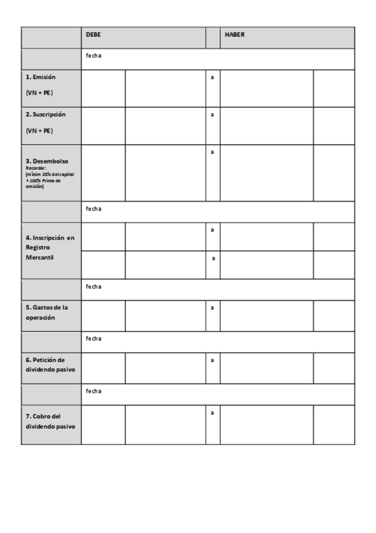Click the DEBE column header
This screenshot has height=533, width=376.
94,35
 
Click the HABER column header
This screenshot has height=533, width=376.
235,35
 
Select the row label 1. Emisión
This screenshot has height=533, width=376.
41,77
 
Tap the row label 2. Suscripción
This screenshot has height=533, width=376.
45,115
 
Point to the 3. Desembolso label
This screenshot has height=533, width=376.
47,161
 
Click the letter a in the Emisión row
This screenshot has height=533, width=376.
212,77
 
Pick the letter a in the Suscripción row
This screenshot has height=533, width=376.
212,115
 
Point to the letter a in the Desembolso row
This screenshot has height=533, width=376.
212,152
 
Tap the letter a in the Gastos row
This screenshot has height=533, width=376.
212,308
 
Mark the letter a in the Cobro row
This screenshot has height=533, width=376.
212,413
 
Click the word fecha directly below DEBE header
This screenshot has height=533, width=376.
94,56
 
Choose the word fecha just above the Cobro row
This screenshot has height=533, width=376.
94,391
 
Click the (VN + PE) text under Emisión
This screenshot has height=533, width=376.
39,93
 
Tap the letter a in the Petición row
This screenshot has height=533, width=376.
212,360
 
